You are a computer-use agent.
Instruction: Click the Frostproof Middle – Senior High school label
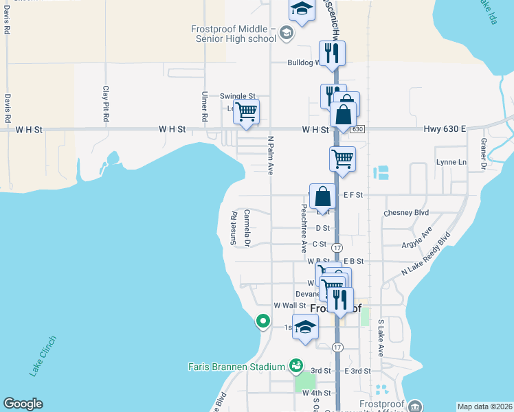234,34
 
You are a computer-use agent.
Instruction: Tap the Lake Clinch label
43,356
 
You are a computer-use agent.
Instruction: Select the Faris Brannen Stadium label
236,366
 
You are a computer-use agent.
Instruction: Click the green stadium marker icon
296,365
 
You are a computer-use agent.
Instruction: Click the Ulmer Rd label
205,107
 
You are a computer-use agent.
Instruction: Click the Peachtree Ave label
303,227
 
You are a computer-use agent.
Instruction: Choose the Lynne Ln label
451,162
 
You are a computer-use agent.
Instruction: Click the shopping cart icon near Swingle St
246,111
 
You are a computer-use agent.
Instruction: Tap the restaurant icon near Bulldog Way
333,52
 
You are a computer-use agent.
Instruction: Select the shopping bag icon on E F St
323,196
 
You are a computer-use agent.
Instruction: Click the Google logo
23,404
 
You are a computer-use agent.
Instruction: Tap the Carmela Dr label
246,227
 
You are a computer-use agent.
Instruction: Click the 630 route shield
356,129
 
